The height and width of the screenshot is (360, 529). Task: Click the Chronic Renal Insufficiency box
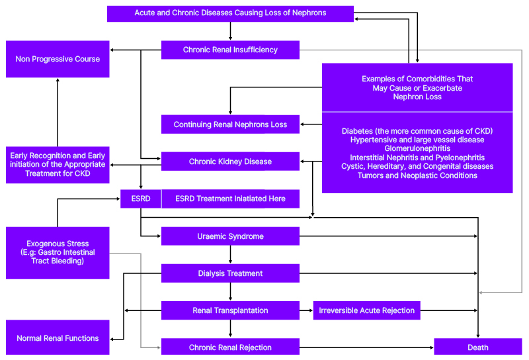point(230,50)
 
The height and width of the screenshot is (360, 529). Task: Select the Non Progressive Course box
point(58,59)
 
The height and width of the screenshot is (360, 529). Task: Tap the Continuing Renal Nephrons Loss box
point(230,124)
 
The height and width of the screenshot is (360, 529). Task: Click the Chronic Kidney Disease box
point(230,161)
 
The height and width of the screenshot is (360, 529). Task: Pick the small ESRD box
point(140,199)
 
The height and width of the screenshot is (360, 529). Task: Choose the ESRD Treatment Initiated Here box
point(230,199)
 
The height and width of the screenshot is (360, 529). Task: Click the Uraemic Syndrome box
point(230,236)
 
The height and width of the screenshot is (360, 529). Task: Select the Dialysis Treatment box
point(230,273)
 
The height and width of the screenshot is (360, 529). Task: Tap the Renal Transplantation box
point(230,310)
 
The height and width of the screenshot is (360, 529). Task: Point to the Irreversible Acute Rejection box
point(366,310)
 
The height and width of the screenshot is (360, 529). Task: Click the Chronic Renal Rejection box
point(230,347)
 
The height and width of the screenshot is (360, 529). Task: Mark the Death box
point(477,347)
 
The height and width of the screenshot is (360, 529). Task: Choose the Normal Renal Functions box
point(58,338)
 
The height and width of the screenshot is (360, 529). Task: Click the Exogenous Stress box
point(58,252)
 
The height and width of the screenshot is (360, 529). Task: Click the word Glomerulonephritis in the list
point(417,149)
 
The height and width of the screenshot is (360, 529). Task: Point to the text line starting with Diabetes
point(417,131)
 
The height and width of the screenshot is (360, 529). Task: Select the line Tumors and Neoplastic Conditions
point(417,175)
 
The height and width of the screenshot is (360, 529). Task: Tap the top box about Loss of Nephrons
point(230,13)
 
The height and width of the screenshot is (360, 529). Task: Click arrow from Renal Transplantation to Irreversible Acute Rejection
point(306,310)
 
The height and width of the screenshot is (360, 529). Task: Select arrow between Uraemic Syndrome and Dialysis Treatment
point(230,255)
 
